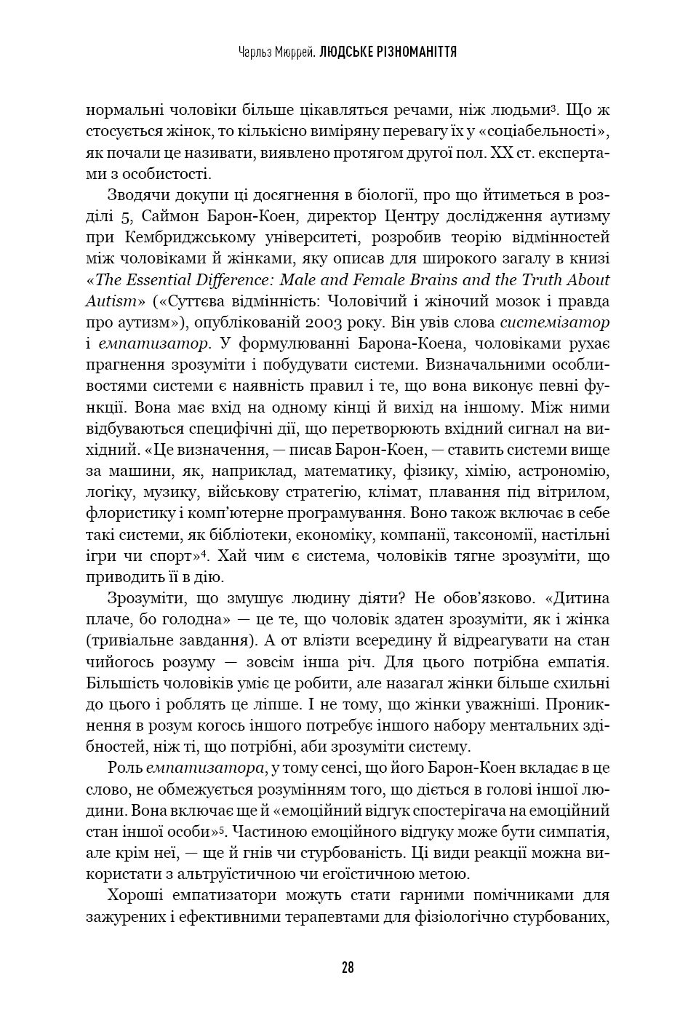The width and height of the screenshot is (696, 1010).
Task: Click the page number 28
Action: pos(348,968)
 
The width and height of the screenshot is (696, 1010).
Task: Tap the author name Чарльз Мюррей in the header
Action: pos(276,52)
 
